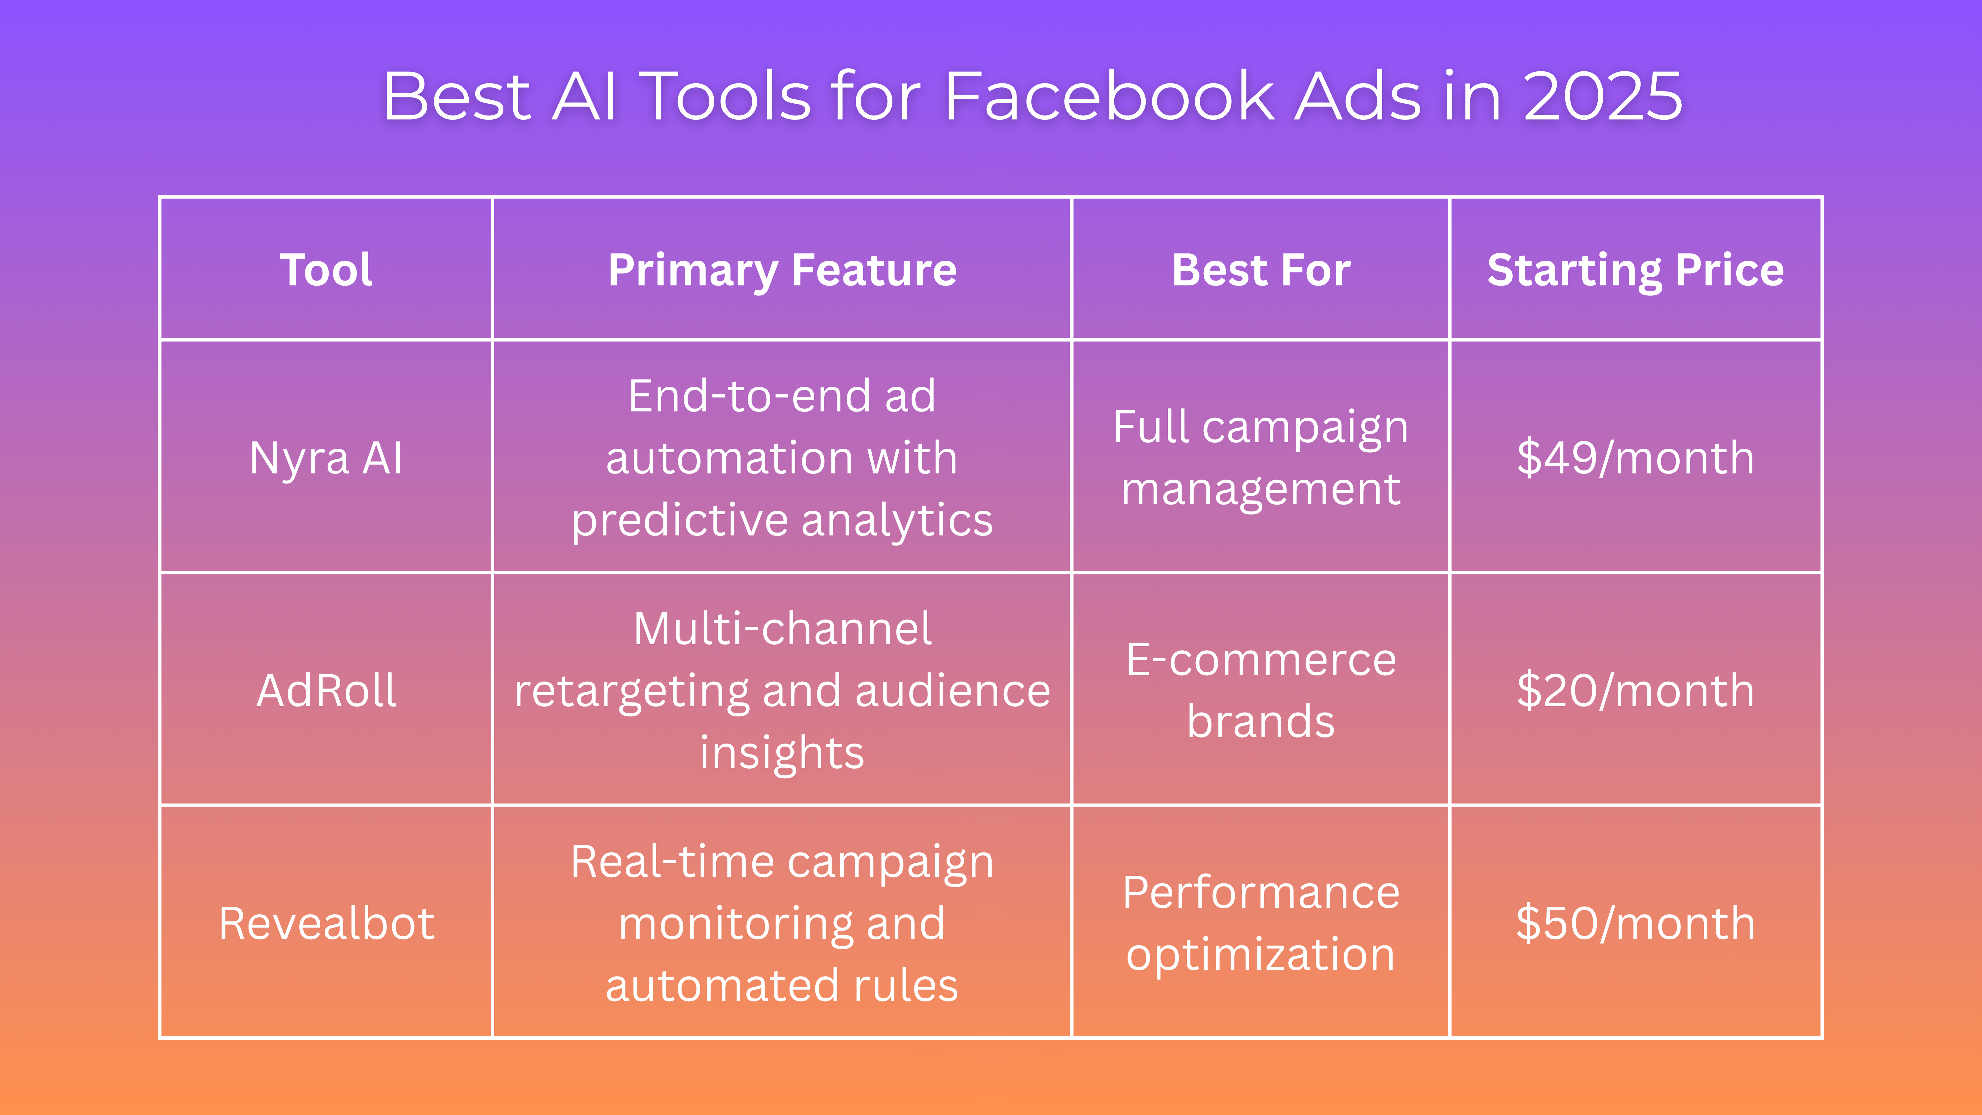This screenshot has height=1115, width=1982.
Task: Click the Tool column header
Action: (326, 270)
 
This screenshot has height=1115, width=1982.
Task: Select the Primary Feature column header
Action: (782, 270)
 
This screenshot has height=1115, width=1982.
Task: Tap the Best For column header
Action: (1260, 270)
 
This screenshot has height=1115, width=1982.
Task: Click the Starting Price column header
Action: (1635, 270)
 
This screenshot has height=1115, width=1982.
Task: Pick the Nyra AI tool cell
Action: (326, 458)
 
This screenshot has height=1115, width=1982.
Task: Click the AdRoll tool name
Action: (326, 690)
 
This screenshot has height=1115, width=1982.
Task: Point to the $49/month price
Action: (1635, 458)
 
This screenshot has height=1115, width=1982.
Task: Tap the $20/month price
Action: (1635, 690)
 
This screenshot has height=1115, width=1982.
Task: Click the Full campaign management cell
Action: (1260, 458)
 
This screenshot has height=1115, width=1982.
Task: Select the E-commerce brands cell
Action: (1260, 690)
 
